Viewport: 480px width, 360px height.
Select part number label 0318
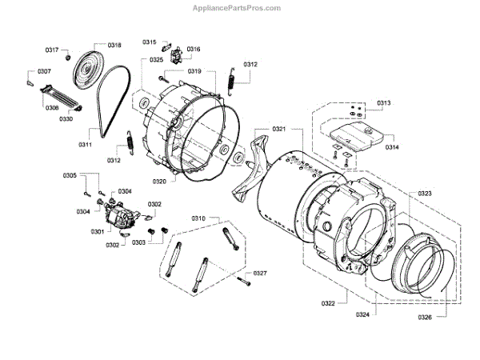point(114,46)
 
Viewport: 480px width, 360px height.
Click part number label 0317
point(52,50)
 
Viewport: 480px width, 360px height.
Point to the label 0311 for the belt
point(85,144)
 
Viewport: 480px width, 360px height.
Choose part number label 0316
point(194,50)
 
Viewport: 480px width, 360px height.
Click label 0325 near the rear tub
point(156,60)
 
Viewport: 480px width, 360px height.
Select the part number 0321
point(279,129)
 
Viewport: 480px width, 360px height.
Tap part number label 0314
point(391,146)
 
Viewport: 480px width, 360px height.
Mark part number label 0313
point(384,103)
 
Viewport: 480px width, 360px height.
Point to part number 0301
point(98,232)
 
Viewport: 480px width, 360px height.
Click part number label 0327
point(260,274)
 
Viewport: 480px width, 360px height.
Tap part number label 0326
point(425,317)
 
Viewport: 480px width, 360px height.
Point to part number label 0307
point(44,71)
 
